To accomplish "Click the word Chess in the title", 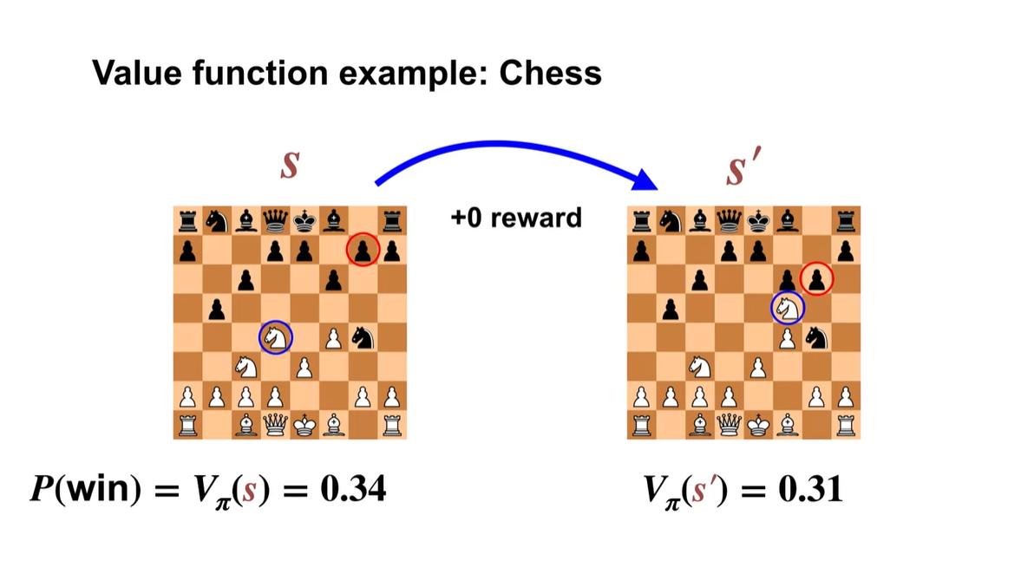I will [x=551, y=73].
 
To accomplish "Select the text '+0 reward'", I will [x=516, y=217].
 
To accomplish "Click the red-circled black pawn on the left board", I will [x=363, y=251].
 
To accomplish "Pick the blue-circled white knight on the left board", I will [x=276, y=336].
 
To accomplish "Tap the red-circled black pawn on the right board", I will [x=816, y=278].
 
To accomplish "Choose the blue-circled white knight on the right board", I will [x=788, y=306].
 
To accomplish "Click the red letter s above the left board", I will [x=290, y=165].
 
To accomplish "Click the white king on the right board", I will [x=758, y=425].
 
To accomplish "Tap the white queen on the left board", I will [x=276, y=425].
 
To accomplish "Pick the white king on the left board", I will [x=304, y=425].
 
